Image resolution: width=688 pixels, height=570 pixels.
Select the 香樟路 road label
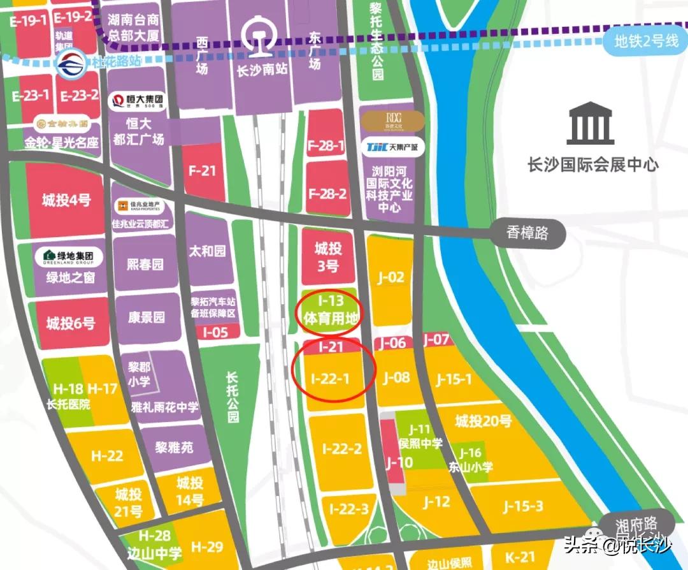(x=527, y=234)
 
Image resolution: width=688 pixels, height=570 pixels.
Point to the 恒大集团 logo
(x=136, y=101)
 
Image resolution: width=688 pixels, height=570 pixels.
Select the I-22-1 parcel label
(x=331, y=378)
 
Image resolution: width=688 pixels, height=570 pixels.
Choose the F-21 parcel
(x=203, y=171)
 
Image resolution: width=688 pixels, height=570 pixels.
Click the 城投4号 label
(x=66, y=200)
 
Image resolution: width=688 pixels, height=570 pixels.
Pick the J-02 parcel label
(x=390, y=277)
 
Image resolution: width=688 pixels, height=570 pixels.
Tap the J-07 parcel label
(x=436, y=340)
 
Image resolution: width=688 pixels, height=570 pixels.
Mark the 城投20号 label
(x=484, y=421)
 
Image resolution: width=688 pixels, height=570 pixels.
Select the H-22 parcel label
(x=106, y=456)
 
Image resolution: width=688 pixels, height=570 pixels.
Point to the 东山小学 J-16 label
(x=470, y=460)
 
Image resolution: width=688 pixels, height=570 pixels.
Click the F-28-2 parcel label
(x=327, y=193)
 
